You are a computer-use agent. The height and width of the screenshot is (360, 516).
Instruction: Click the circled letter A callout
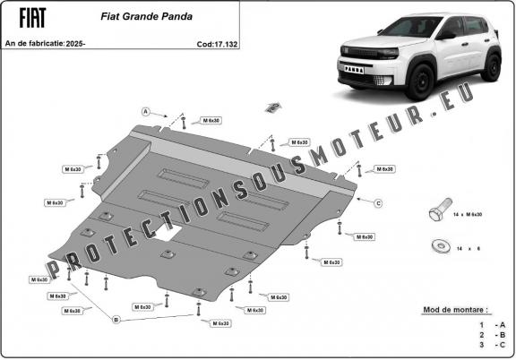pyautogui.click(x=145, y=111)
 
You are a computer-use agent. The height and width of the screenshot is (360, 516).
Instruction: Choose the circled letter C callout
pyautogui.click(x=378, y=203)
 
